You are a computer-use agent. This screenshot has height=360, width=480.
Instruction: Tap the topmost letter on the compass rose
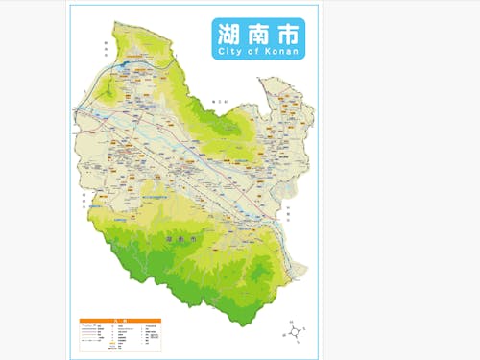pos(291,321)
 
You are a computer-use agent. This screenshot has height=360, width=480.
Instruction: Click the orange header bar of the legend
pos(120,320)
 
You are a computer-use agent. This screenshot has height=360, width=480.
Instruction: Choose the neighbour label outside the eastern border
pos(287,210)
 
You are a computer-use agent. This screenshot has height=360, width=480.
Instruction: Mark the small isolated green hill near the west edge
pos(111,92)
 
